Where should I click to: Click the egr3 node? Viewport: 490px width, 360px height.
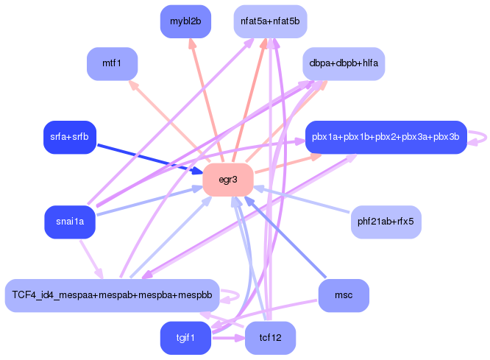tap(228, 180)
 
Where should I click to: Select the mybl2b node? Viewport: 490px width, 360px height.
tap(185, 21)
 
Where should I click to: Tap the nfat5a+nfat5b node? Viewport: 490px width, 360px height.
tap(270, 21)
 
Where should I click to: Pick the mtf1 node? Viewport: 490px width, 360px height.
tap(113, 63)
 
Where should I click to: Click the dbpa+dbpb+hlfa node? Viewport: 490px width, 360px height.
tap(344, 63)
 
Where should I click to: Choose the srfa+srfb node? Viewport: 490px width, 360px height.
tap(69, 138)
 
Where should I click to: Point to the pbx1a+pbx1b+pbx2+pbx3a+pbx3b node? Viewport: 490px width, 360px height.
tap(385, 138)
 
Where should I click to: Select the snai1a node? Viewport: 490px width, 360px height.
tap(70, 222)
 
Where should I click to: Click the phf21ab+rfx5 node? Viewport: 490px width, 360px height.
tap(386, 222)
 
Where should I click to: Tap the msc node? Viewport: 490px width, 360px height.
tap(344, 295)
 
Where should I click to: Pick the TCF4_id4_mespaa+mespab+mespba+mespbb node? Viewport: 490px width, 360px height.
tap(112, 295)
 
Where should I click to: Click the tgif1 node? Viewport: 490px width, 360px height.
tap(185, 338)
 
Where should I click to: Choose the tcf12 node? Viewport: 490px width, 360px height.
tap(270, 338)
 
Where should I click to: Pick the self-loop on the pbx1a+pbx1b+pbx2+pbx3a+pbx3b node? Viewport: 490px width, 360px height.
tap(480, 138)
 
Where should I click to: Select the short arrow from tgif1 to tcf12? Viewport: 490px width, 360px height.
tap(227, 339)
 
